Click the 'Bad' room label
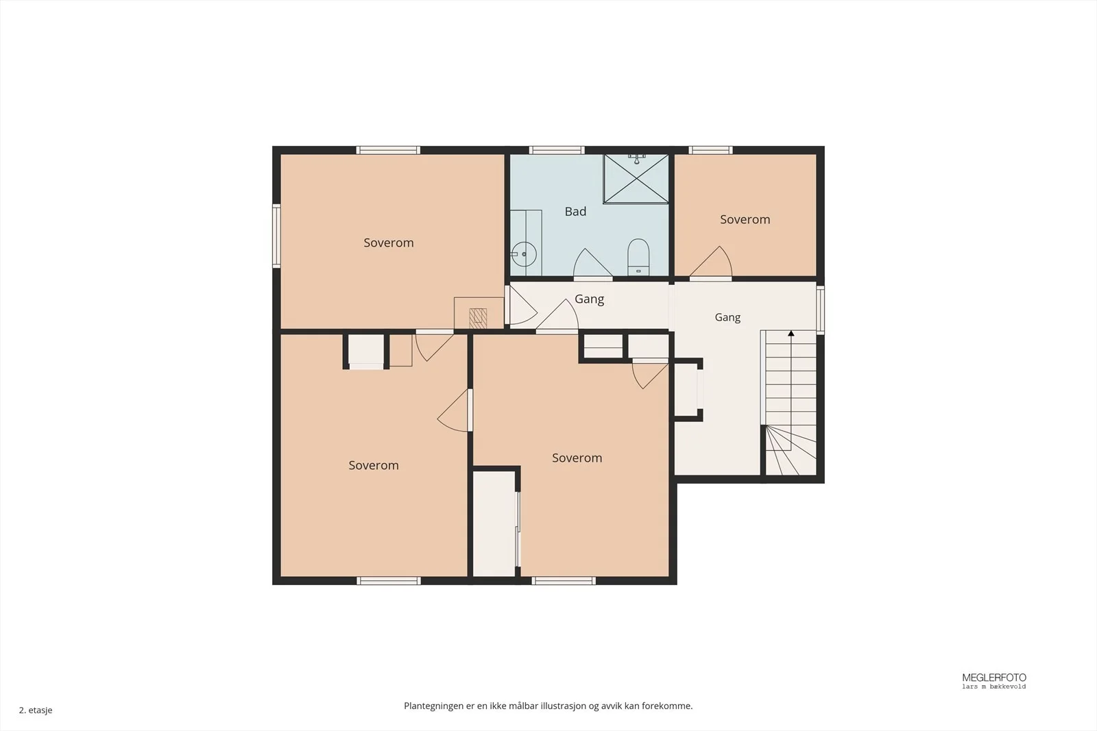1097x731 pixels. pos(575,212)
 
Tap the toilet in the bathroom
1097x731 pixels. pos(638,257)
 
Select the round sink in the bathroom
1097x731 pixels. pos(524,254)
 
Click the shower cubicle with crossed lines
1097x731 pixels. pos(636,179)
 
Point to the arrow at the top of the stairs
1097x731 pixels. pos(791,333)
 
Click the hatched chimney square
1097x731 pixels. pos(478,318)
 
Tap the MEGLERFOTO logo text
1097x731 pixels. pos(994,678)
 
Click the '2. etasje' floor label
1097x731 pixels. pos(36,710)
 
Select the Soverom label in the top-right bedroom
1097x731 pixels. pos(745,219)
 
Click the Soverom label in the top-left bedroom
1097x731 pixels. pos(388,243)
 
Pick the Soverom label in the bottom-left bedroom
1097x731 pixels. pos(374,465)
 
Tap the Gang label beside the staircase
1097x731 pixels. pos(727,318)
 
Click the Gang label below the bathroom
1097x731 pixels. pos(589,299)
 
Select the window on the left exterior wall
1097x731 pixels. pos(277,236)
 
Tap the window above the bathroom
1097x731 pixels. pos(557,150)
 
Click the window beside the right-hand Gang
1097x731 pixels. pos(820,310)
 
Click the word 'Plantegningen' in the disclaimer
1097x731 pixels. pos(433,706)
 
